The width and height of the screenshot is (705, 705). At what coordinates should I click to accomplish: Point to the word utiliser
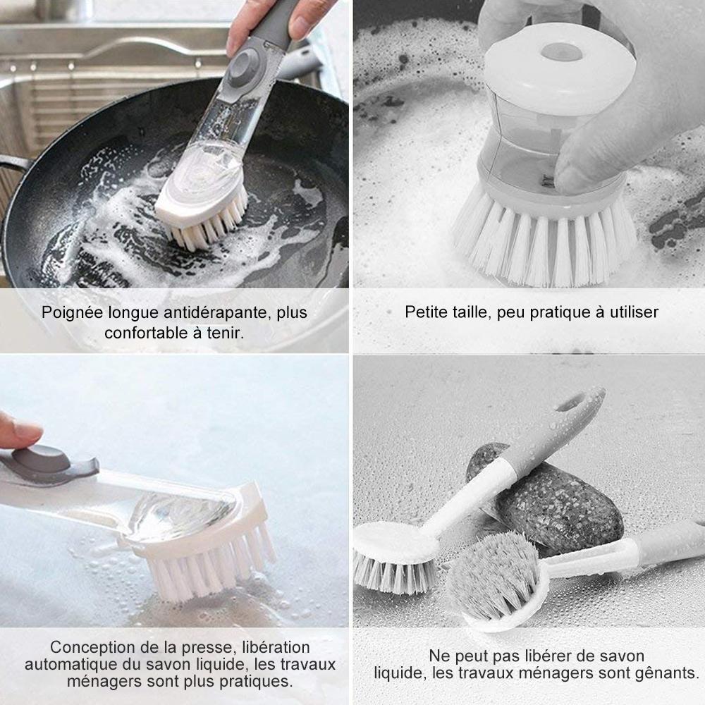(x=630, y=312)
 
